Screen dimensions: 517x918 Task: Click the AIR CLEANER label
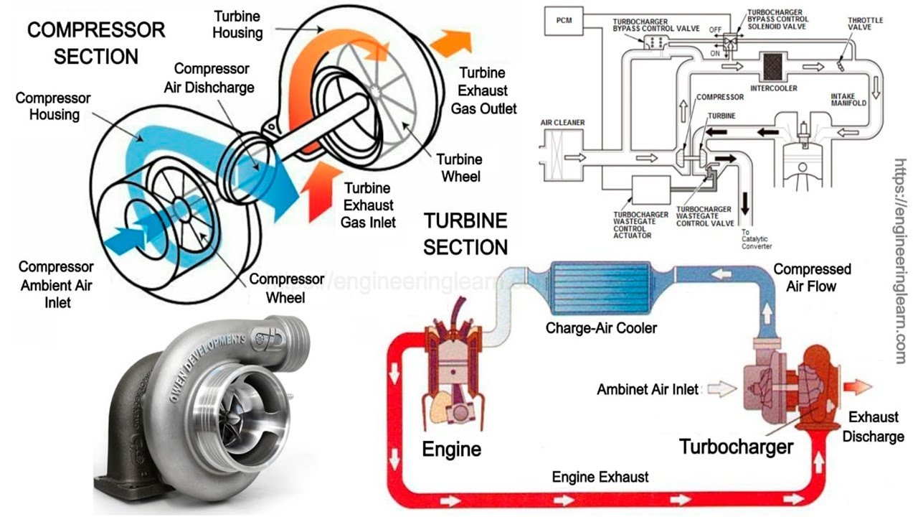pyautogui.click(x=562, y=123)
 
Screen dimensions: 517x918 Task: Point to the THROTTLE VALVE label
pyautogui.click(x=864, y=24)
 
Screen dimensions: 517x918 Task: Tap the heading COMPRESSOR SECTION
pyautogui.click(x=95, y=43)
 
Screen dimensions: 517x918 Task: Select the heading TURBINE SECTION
pyautogui.click(x=465, y=234)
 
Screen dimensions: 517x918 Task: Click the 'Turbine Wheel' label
pyautogui.click(x=459, y=167)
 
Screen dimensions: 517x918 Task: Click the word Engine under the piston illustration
pyautogui.click(x=451, y=450)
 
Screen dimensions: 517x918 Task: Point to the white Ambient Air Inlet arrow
pyautogui.click(x=722, y=389)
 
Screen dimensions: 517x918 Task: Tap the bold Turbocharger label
pyautogui.click(x=737, y=447)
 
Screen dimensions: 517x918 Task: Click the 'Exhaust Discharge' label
pyautogui.click(x=873, y=427)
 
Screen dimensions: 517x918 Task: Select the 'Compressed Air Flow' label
pyautogui.click(x=812, y=278)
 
